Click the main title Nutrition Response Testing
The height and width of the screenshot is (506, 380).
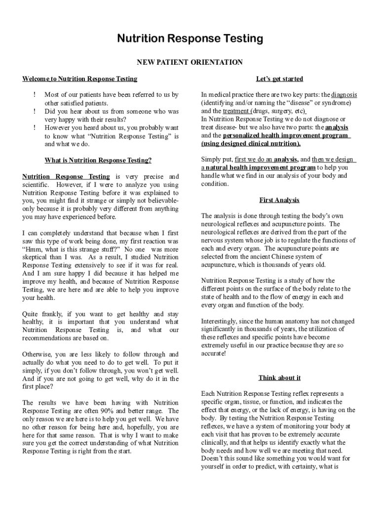(x=190, y=39)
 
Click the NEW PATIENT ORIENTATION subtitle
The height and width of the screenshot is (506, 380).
(x=190, y=62)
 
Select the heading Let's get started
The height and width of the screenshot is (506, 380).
(x=279, y=79)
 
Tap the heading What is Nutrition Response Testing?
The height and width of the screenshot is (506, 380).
(x=98, y=160)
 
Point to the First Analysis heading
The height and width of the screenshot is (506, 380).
(x=279, y=200)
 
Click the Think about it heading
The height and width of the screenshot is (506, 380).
(x=279, y=378)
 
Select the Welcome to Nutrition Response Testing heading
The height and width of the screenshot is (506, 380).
(x=80, y=79)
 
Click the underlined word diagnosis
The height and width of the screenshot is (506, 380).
(x=344, y=94)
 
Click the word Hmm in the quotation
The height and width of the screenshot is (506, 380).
(x=34, y=249)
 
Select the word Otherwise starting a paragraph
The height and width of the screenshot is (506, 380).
(x=38, y=354)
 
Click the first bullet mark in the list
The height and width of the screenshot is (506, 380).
(x=35, y=94)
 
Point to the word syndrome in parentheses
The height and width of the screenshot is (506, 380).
(x=337, y=103)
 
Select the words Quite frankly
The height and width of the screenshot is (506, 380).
(x=42, y=314)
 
